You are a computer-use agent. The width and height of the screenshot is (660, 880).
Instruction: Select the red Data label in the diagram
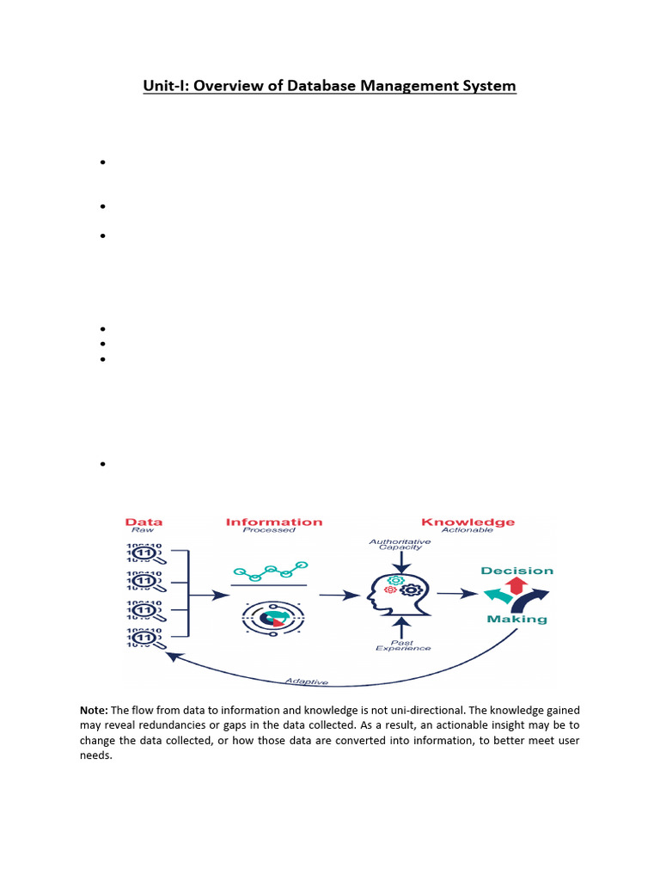pos(144,522)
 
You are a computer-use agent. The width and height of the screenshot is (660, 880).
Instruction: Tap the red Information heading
pos(274,522)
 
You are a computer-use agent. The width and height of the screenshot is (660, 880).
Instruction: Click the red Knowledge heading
pos(467,522)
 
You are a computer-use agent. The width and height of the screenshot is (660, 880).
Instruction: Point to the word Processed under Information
pos(269,530)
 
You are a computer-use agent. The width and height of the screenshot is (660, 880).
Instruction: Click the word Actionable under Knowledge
pos(467,530)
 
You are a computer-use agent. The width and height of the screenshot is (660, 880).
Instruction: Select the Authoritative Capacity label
pos(400,545)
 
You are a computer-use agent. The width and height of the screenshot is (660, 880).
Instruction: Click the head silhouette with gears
pos(399,593)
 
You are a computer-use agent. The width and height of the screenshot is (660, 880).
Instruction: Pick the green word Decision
pos(516,571)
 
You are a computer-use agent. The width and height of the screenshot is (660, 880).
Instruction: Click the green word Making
pos(516,619)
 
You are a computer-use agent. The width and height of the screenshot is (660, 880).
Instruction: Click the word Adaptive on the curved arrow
pos(306,681)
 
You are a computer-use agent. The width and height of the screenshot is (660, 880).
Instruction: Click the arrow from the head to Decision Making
pos(457,593)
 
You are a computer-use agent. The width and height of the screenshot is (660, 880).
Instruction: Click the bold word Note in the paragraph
pos(93,711)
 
